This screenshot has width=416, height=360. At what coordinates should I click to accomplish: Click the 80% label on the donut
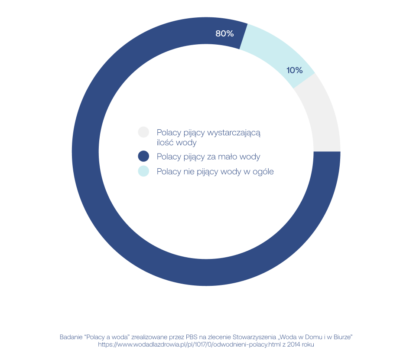[x=224, y=33]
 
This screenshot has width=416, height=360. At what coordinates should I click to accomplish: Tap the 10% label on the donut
[x=294, y=70]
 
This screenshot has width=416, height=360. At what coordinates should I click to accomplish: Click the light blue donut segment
[x=277, y=52]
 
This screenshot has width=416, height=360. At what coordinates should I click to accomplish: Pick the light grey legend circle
[x=143, y=132]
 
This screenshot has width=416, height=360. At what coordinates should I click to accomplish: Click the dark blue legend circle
[x=143, y=156]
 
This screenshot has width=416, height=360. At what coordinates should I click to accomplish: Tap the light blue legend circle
[x=143, y=171]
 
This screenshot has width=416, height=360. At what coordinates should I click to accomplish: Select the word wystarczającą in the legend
[x=234, y=132]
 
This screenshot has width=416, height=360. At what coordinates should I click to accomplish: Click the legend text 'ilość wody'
[x=176, y=142]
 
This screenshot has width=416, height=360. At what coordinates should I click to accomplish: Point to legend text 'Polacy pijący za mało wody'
[x=208, y=157]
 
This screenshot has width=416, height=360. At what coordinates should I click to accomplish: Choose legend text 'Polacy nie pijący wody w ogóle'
[x=215, y=171]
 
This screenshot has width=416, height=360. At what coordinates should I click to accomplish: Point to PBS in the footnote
[x=192, y=337]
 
